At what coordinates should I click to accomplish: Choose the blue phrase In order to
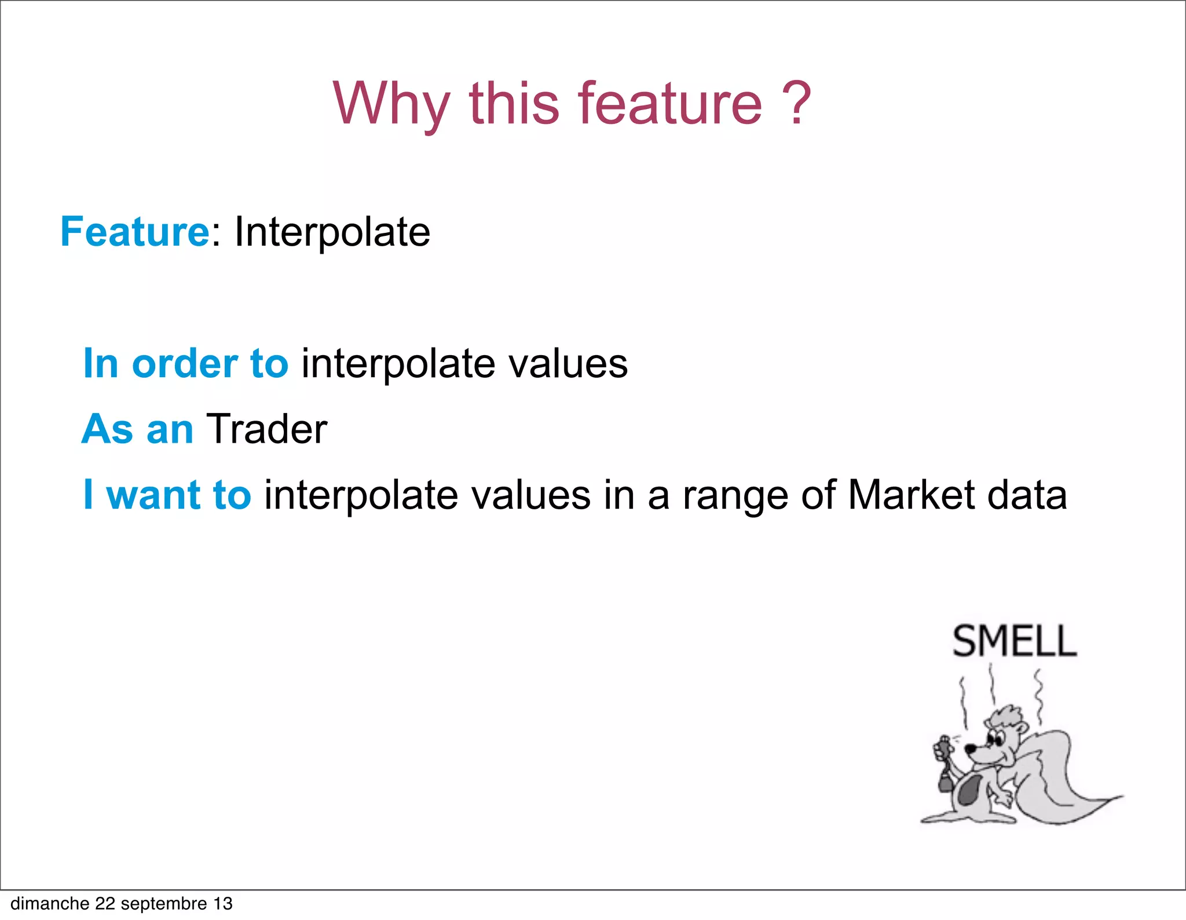coord(185,364)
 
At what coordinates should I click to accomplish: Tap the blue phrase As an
coord(138,429)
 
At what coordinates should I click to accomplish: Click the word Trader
coord(266,429)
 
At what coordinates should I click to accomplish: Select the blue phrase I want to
coord(167,495)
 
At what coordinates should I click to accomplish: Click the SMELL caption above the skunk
coord(1015,642)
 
